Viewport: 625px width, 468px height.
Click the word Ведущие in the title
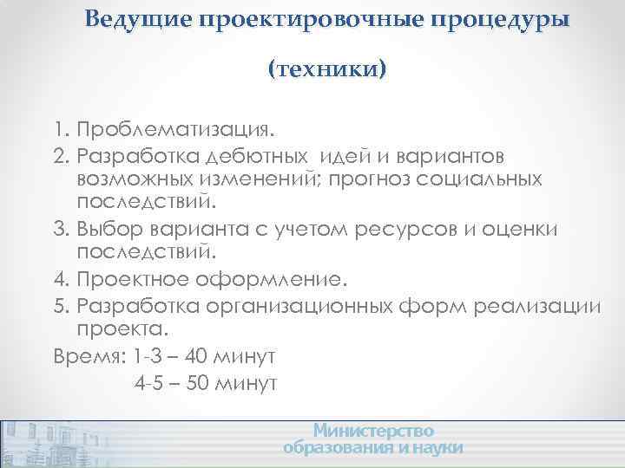point(139,19)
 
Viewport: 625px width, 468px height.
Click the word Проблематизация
point(174,130)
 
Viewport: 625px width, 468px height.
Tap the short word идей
point(345,156)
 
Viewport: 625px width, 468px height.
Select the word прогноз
point(389,179)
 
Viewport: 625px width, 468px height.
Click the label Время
point(88,356)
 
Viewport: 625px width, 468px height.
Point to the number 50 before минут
point(199,381)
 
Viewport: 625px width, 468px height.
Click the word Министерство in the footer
point(373,431)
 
